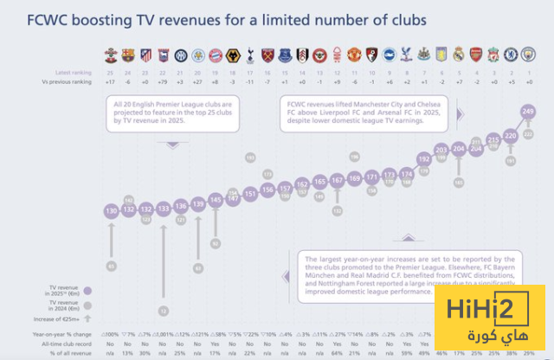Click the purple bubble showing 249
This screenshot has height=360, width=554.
tap(527, 111)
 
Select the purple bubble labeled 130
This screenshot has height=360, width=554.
tap(111, 211)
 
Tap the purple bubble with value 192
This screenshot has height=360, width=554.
tap(423, 158)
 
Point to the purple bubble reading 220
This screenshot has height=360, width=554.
tap(510, 135)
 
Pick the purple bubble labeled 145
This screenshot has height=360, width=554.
tap(216, 199)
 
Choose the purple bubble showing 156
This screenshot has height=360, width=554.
tap(267, 189)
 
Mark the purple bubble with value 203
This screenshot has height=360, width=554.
tap(441, 150)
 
